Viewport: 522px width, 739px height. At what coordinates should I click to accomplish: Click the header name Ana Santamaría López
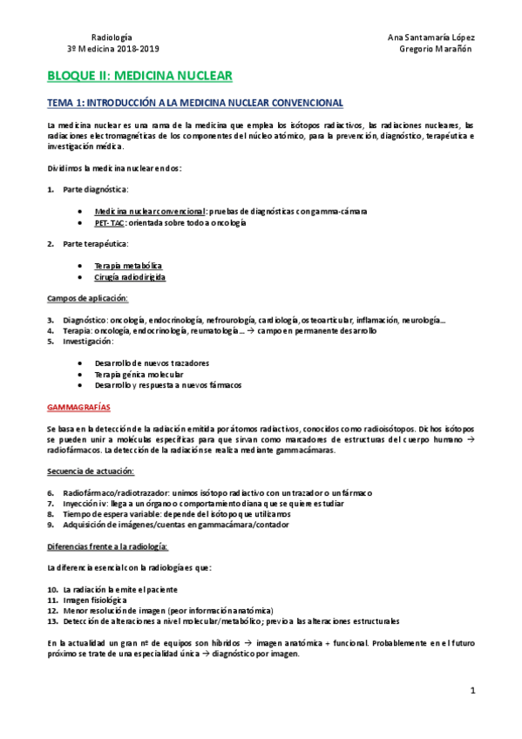430,37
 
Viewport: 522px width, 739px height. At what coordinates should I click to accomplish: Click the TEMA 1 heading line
194,103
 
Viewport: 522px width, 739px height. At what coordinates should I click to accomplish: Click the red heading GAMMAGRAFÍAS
78,407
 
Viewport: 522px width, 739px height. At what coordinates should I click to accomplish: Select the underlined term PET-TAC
109,222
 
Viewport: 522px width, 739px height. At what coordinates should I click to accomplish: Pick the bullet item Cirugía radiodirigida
130,277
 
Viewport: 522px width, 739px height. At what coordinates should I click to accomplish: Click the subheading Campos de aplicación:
87,298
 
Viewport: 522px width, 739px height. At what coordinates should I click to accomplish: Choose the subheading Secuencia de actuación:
91,471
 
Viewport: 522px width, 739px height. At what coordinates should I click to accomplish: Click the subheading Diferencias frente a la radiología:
107,546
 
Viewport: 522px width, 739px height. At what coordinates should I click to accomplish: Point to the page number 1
472,691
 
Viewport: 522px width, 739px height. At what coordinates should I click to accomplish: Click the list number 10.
52,589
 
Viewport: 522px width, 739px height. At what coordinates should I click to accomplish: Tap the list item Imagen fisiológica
95,600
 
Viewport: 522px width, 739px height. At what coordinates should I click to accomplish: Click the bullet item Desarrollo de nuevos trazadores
152,363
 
